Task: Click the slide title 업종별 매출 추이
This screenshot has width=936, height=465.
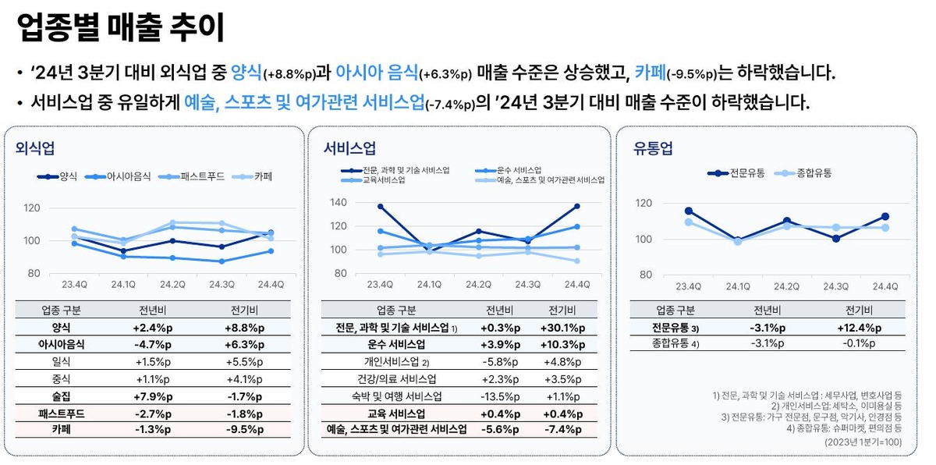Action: (120, 28)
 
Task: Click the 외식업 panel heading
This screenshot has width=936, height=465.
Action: (35, 148)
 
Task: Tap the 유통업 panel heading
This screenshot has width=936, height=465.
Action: (653, 148)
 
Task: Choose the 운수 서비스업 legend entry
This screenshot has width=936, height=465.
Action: (519, 170)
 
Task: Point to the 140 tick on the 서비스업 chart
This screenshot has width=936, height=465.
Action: (338, 202)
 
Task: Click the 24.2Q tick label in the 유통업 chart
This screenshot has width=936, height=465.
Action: (786, 286)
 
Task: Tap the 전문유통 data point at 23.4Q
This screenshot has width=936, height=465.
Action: (689, 211)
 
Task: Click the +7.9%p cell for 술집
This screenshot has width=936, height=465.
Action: (153, 396)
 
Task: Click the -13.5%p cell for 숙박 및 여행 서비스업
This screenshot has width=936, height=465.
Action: (497, 396)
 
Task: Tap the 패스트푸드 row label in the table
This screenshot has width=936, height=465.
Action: (62, 412)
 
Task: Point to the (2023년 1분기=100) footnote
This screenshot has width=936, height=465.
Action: (863, 442)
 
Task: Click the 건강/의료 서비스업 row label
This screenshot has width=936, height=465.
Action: (395, 378)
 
